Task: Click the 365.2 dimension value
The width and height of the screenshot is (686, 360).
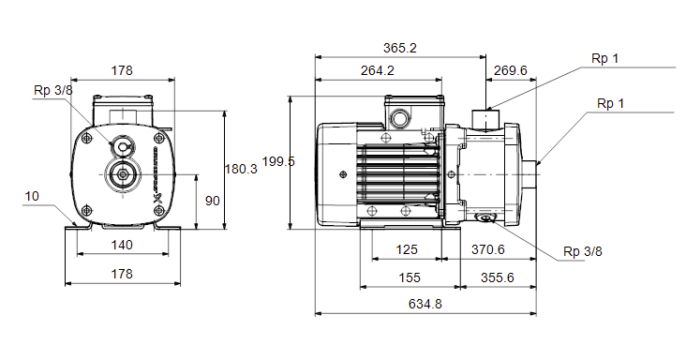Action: [400, 48]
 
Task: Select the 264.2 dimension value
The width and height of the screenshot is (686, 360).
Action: [377, 70]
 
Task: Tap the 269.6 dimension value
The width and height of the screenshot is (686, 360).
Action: [510, 70]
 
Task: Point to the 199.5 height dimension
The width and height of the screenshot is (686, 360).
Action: [278, 161]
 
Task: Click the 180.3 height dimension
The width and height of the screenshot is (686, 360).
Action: [241, 169]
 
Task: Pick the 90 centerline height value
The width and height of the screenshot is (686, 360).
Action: [212, 201]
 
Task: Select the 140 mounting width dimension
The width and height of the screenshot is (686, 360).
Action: [122, 245]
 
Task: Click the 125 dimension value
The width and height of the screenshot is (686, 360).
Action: [407, 249]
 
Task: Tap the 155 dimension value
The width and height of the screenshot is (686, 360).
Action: [409, 277]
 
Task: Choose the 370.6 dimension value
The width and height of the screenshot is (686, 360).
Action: [488, 249]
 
